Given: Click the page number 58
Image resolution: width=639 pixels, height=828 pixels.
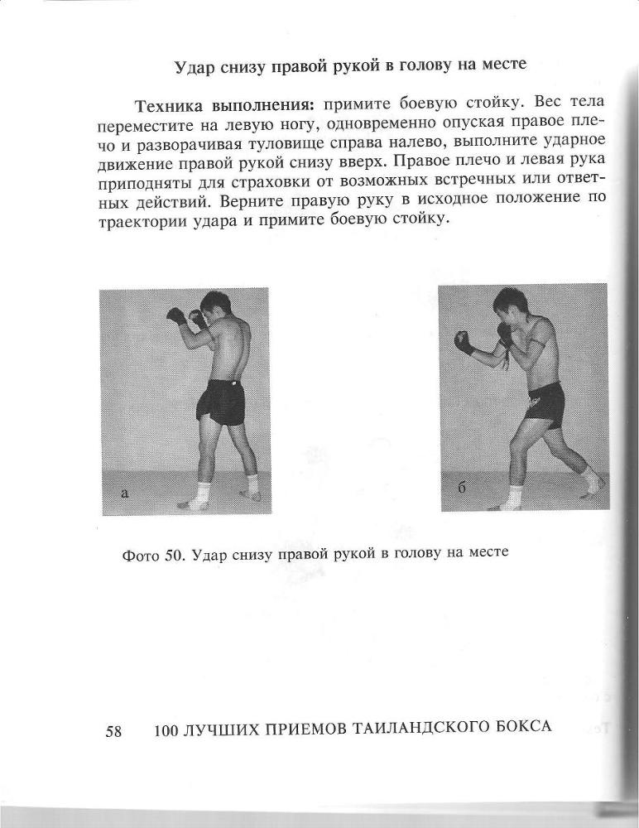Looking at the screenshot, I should click(x=114, y=730).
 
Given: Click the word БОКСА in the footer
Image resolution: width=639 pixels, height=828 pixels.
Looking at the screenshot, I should click(x=519, y=727).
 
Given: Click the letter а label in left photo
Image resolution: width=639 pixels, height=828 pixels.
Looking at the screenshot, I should click(x=124, y=493).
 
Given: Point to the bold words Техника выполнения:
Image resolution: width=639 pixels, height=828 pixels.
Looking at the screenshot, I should click(x=221, y=105).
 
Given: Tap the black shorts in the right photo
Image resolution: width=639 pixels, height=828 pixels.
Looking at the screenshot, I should click(x=543, y=405).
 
